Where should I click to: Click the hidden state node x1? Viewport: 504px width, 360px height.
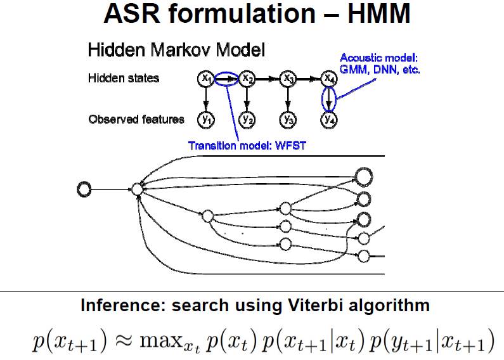click(x=205, y=78)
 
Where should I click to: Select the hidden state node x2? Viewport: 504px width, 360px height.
click(x=247, y=79)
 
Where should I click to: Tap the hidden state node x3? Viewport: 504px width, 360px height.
click(x=288, y=79)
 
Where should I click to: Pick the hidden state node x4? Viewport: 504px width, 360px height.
click(x=328, y=79)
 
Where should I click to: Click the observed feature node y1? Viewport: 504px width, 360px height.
click(x=205, y=119)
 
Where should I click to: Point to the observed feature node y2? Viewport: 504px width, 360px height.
click(x=247, y=119)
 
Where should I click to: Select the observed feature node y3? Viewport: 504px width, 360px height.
click(x=288, y=119)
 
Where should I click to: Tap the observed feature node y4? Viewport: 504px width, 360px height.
click(x=328, y=119)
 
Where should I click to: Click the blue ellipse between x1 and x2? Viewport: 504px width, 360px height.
click(x=226, y=79)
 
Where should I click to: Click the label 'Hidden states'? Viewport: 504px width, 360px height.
click(x=124, y=79)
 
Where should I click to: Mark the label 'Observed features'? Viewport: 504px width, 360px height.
click(x=136, y=119)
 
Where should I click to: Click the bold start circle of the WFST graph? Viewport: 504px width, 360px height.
click(x=84, y=188)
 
